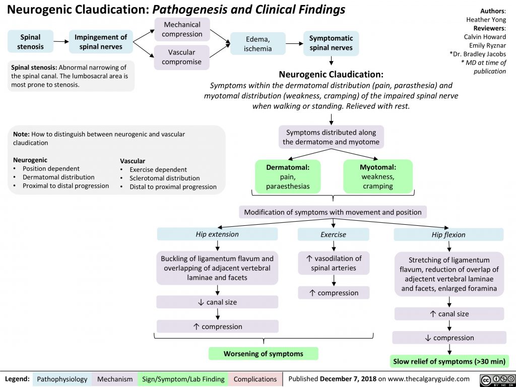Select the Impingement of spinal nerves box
pyautogui.click(x=101, y=42)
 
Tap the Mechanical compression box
pyautogui.click(x=182, y=29)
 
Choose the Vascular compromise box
pyautogui.click(x=182, y=57)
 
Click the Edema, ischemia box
pyautogui.click(x=257, y=43)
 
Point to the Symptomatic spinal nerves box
pyautogui.click(x=331, y=43)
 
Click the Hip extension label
pyautogui.click(x=217, y=234)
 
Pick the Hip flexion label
pyautogui.click(x=448, y=235)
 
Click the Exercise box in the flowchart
pyautogui.click(x=333, y=234)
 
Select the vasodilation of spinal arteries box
pyautogui.click(x=333, y=263)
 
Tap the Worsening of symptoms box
pyautogui.click(x=263, y=354)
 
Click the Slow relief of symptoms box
pyautogui.click(x=449, y=361)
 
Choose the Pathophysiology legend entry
pyautogui.click(x=62, y=379)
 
